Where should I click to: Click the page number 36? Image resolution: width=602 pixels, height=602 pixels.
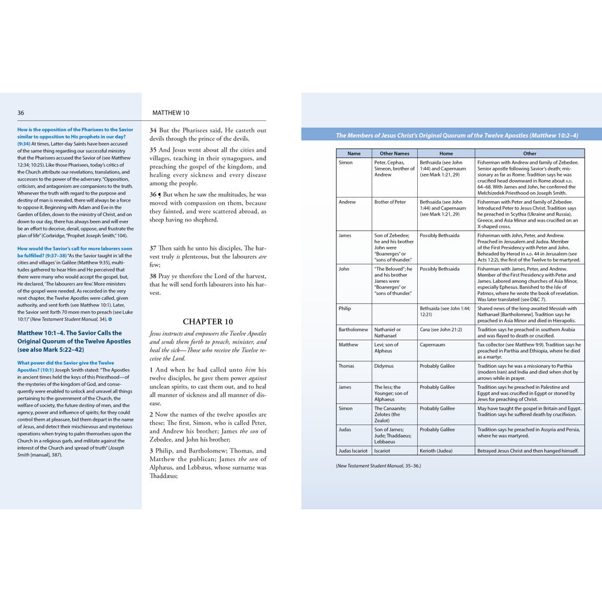(x=21, y=113)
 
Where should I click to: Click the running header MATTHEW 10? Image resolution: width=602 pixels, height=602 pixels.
(x=170, y=113)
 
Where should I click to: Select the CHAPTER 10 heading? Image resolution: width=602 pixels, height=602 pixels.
(x=208, y=321)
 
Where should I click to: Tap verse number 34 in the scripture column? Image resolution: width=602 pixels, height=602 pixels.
(x=153, y=130)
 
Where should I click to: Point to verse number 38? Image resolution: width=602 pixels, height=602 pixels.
(x=153, y=276)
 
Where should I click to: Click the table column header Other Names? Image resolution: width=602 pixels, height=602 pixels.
(x=394, y=154)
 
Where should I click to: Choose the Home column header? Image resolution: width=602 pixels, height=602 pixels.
(x=445, y=154)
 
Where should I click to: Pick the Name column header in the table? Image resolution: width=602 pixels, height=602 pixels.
(x=354, y=154)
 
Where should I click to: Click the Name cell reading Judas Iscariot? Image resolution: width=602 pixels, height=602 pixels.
(x=353, y=450)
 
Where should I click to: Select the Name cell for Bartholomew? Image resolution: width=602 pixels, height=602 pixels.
(x=353, y=330)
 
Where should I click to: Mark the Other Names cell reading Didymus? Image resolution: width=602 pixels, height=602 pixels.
(x=383, y=366)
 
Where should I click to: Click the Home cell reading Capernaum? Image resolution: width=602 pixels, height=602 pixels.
(x=432, y=345)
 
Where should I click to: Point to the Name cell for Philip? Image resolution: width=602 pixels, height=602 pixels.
(x=345, y=308)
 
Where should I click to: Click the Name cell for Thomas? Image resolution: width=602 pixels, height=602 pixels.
(x=346, y=366)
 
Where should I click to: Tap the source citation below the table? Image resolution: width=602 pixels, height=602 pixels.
(x=379, y=466)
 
